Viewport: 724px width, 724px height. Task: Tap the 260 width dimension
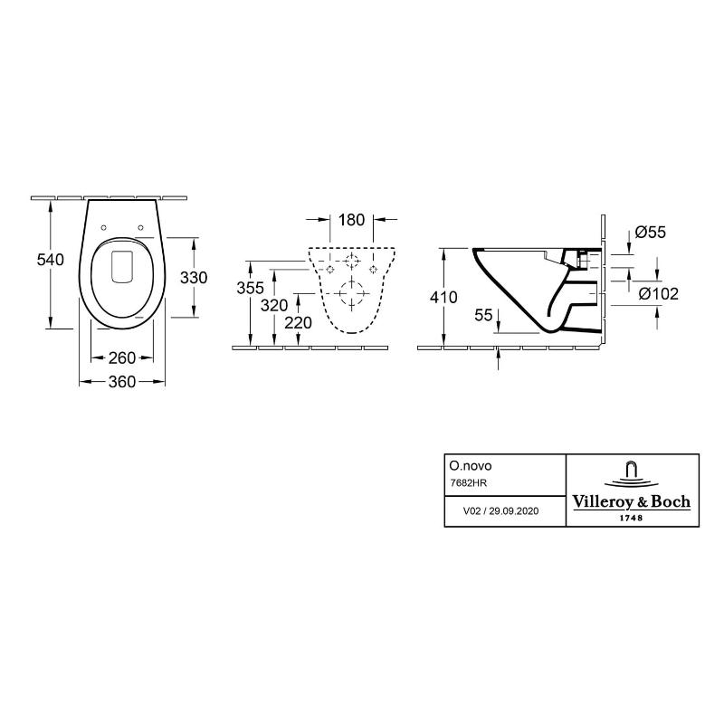(122, 357)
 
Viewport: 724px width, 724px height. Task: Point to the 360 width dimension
(122, 382)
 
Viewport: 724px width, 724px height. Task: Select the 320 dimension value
(274, 305)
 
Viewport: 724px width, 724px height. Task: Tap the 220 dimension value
(298, 322)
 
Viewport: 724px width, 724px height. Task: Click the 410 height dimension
(443, 297)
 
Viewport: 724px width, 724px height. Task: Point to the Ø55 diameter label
(650, 232)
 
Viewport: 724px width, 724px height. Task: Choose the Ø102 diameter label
(658, 293)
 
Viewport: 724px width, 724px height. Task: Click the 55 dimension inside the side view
(484, 314)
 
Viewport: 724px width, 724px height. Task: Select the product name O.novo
(471, 463)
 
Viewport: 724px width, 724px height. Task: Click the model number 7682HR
(468, 484)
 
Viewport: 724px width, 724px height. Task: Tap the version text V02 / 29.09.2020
(500, 511)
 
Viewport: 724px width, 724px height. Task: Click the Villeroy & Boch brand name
(632, 501)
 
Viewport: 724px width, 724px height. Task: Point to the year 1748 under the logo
(632, 517)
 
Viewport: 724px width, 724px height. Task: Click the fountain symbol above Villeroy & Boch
(632, 473)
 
